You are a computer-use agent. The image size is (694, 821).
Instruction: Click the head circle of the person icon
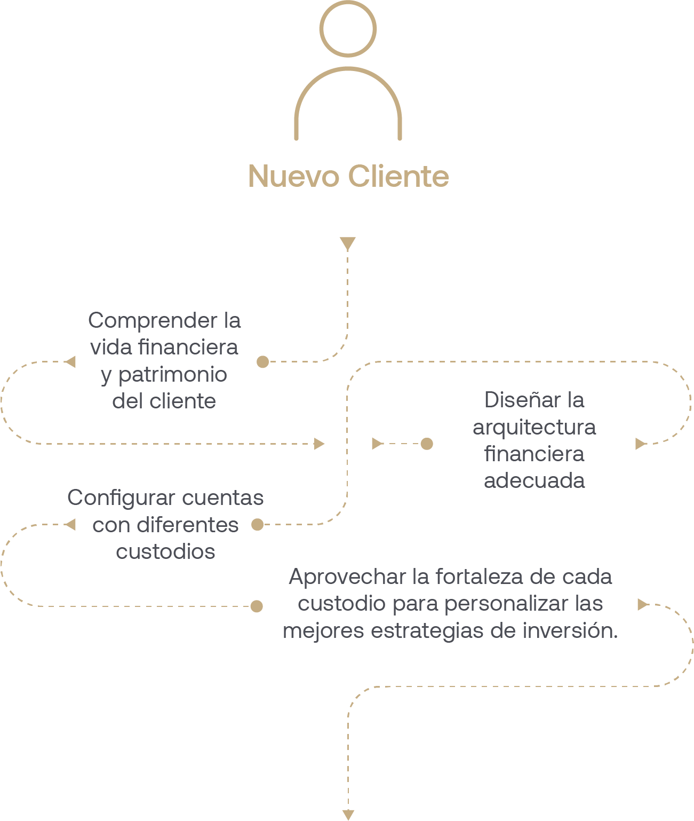pyautogui.click(x=348, y=29)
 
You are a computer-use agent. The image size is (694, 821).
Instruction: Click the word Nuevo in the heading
pyautogui.click(x=293, y=176)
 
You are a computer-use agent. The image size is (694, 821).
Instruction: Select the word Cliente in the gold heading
pyautogui.click(x=398, y=176)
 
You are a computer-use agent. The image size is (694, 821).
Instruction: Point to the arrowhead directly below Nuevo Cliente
pyautogui.click(x=347, y=243)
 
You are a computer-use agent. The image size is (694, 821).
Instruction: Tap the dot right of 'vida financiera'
pyautogui.click(x=262, y=362)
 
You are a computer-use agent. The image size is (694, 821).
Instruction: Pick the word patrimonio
pyautogui.click(x=172, y=374)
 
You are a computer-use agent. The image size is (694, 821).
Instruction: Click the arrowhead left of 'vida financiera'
pyautogui.click(x=70, y=362)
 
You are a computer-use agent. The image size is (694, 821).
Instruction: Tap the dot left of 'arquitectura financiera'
pyautogui.click(x=427, y=444)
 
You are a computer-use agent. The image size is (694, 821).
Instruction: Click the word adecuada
pyautogui.click(x=534, y=480)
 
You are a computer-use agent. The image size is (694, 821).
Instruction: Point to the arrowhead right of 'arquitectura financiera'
pyautogui.click(x=640, y=444)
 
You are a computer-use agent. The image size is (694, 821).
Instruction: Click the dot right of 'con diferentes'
pyautogui.click(x=257, y=525)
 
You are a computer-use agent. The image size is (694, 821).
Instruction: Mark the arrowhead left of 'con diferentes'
pyautogui.click(x=70, y=525)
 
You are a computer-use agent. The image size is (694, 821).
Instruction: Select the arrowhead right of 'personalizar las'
pyautogui.click(x=642, y=604)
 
